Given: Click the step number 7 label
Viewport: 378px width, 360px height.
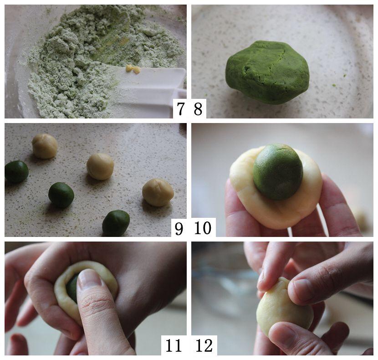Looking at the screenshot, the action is (180, 108).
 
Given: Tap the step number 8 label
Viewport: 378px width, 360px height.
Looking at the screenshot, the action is (198, 108).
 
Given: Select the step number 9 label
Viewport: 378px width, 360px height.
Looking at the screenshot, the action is (179, 228).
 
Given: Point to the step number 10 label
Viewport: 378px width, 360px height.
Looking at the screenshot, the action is (203, 227).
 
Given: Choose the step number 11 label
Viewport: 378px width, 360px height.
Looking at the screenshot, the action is (174, 345).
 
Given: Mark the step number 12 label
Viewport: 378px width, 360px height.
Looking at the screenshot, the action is (204, 345).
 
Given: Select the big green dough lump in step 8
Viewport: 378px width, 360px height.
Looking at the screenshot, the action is (267, 72).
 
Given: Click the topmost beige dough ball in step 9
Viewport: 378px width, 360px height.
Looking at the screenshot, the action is (45, 146).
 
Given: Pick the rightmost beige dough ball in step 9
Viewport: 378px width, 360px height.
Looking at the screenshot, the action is (158, 192).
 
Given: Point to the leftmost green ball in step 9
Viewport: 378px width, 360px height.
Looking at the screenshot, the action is (16, 171).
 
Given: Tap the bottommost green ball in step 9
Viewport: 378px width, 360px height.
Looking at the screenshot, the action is (116, 223).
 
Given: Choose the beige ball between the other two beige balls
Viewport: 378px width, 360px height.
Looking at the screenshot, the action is (100, 166).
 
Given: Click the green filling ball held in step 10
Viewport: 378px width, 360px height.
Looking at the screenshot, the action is (278, 172).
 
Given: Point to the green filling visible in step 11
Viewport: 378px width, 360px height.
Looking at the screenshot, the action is (72, 288).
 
